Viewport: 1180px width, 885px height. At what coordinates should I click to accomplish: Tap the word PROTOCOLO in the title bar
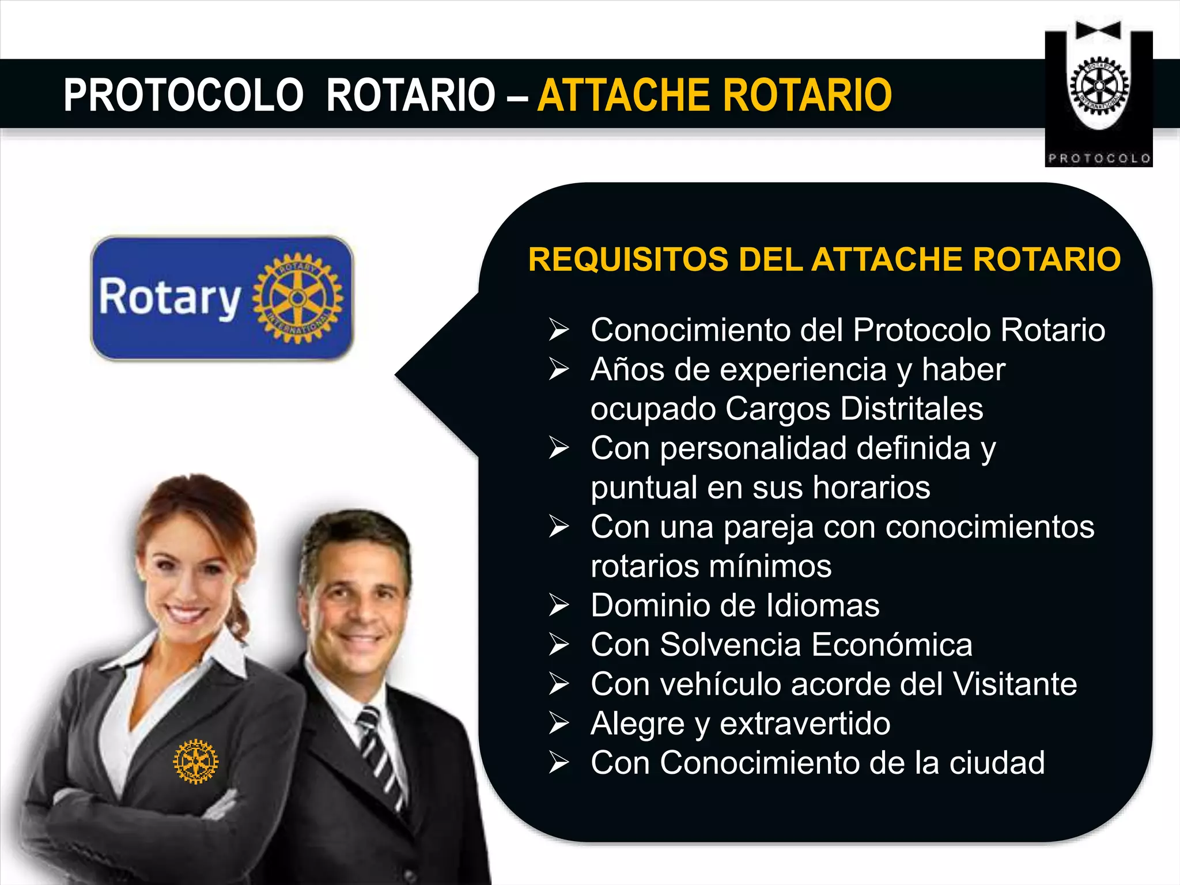pos(183,95)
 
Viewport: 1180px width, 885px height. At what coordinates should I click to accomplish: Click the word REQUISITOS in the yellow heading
pos(628,259)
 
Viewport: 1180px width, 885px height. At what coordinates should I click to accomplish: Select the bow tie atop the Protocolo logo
pos(1098,31)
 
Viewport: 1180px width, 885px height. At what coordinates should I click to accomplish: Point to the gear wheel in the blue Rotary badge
pos(297,298)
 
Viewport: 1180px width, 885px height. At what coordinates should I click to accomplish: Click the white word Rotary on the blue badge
pos(169,297)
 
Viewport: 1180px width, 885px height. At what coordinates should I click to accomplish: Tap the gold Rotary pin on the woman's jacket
pos(196,761)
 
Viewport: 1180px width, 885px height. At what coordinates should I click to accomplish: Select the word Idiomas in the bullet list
pos(823,606)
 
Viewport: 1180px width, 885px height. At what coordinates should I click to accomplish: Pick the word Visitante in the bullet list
pos(1015,684)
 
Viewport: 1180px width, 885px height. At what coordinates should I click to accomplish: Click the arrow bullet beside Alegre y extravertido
pos(558,723)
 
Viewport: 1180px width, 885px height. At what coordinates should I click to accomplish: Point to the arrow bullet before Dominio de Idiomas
pos(558,606)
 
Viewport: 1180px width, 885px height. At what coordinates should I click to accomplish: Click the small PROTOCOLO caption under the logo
pos(1099,158)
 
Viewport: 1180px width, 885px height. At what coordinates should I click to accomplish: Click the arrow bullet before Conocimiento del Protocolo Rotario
pos(558,330)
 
